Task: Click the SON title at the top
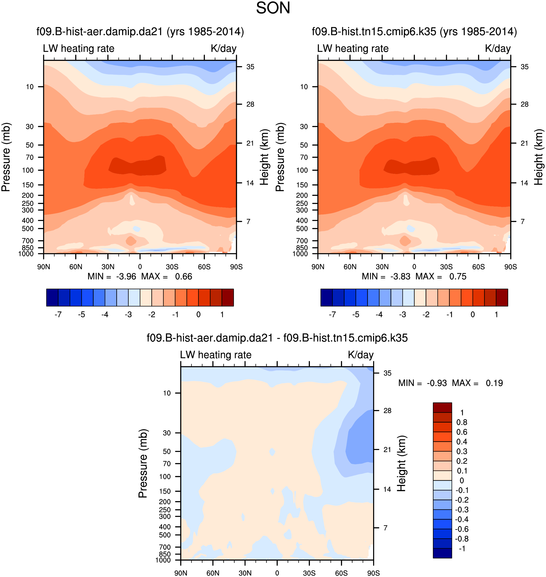[x=273, y=8]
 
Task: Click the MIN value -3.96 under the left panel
[x=126, y=277]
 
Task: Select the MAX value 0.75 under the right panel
[x=457, y=277]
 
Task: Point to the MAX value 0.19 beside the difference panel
[x=494, y=383]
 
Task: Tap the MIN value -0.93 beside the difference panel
[x=436, y=383]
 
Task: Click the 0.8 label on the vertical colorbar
[x=462, y=423]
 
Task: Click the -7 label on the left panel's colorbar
[x=58, y=315]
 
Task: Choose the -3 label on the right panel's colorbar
[x=403, y=315]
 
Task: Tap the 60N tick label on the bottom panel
[x=213, y=573]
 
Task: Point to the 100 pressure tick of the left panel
[x=28, y=170]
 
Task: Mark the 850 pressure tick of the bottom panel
[x=165, y=554]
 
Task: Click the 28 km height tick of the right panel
[x=524, y=104]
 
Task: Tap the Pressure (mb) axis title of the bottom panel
[x=143, y=463]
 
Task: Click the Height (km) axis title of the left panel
[x=264, y=157]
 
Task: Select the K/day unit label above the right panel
[x=498, y=49]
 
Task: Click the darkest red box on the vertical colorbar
[x=442, y=408]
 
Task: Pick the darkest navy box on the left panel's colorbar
[x=52, y=298]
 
